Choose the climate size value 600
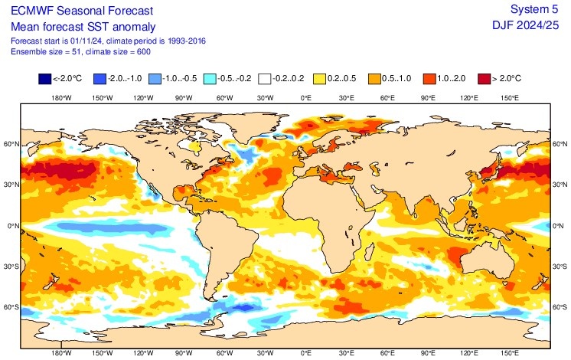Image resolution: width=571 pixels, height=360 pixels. [x=141, y=51]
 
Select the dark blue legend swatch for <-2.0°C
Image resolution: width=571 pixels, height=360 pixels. [x=44, y=78]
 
